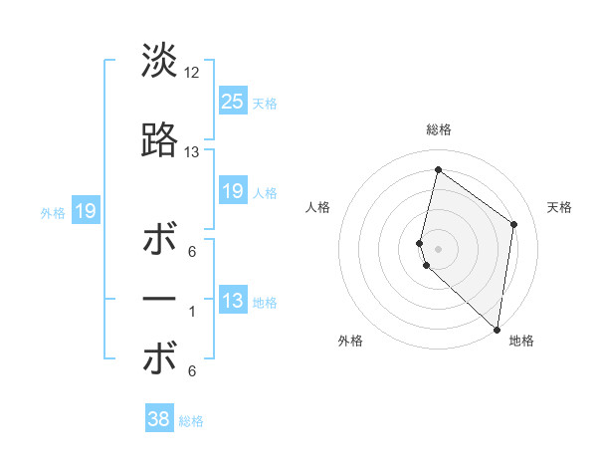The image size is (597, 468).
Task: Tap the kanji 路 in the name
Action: pyautogui.click(x=159, y=140)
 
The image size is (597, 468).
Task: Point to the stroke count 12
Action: pyautogui.click(x=192, y=72)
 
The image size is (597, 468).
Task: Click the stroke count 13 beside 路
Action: pyautogui.click(x=192, y=152)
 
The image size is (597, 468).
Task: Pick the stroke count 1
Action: pyautogui.click(x=192, y=312)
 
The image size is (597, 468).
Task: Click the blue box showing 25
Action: pyautogui.click(x=232, y=102)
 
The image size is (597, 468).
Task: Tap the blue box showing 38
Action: pyautogui.click(x=159, y=420)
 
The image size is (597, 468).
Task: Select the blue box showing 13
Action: pyautogui.click(x=232, y=301)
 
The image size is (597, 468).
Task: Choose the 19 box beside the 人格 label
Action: pyautogui.click(x=232, y=191)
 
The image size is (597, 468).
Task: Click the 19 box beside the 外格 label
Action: pyautogui.click(x=86, y=211)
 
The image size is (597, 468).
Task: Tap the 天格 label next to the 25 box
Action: pyautogui.click(x=265, y=103)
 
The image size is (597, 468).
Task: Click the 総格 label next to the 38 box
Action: pyautogui.click(x=191, y=421)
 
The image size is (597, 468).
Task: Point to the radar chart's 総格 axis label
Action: pyautogui.click(x=439, y=129)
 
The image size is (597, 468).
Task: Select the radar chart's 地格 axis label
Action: pyautogui.click(x=521, y=341)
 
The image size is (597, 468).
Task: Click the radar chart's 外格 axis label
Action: pyautogui.click(x=350, y=341)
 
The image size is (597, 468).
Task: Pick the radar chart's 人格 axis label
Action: pyautogui.click(x=318, y=207)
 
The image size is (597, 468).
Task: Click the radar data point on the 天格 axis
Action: pyautogui.click(x=514, y=224)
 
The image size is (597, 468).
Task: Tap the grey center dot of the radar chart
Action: pyautogui.click(x=439, y=248)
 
